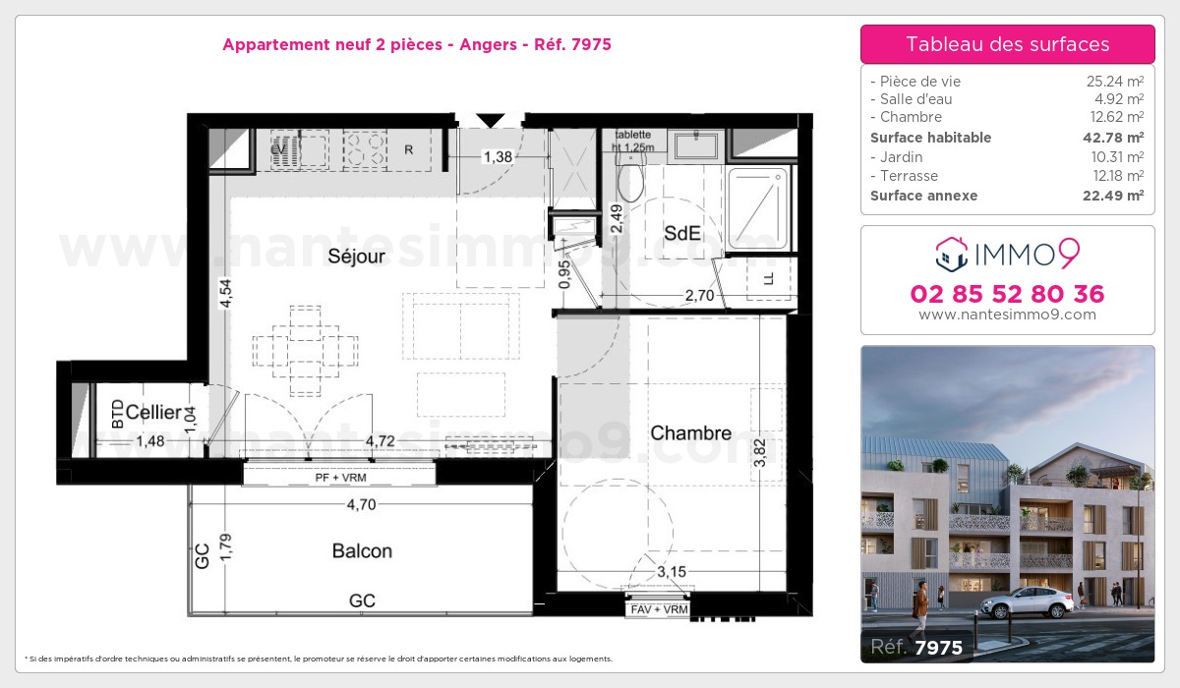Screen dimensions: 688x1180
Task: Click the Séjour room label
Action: point(356,257)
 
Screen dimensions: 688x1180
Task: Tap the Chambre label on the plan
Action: point(690,433)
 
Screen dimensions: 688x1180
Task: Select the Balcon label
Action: point(362,550)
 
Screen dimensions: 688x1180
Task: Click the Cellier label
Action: point(153,413)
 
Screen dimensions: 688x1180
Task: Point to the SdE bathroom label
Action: point(682,234)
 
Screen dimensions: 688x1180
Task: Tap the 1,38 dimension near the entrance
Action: point(499,155)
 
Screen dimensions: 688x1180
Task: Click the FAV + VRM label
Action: point(659,609)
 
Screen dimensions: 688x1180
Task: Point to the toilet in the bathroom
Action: point(630,181)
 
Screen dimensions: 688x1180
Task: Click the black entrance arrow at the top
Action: point(490,120)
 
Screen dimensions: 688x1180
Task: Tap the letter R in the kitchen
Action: point(409,150)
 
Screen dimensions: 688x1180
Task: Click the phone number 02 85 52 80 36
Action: point(1007,294)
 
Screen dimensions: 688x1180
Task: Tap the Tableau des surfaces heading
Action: point(1007,44)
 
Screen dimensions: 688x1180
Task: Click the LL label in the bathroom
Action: point(768,279)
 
